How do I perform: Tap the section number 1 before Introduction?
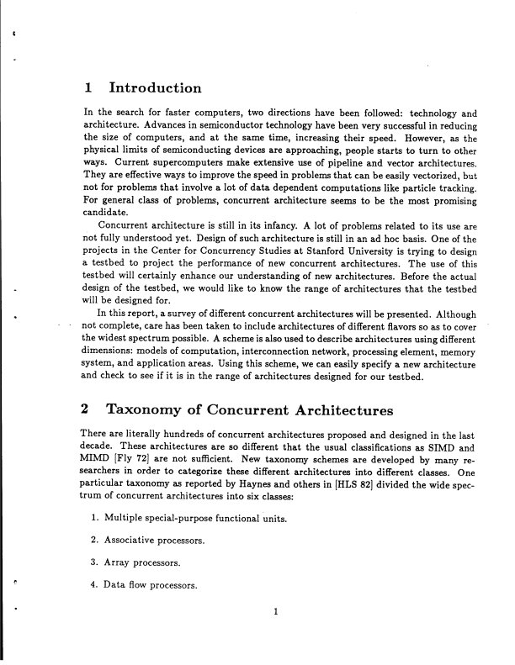click(88, 88)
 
